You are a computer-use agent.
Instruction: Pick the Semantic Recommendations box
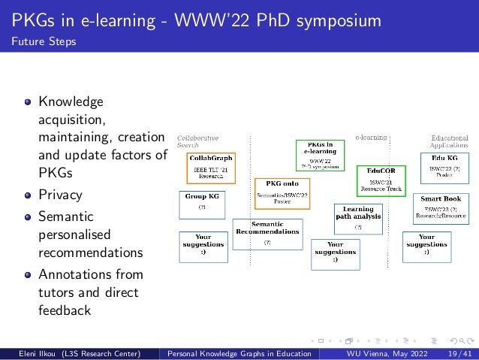click(267, 234)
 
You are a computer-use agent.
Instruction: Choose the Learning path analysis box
click(358, 217)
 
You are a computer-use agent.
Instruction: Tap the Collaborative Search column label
click(197, 141)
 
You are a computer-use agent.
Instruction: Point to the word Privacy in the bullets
click(60, 195)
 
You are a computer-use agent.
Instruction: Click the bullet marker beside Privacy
click(28, 196)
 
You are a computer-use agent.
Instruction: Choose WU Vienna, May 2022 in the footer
click(382, 352)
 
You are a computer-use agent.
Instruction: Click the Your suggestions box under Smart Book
click(426, 244)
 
